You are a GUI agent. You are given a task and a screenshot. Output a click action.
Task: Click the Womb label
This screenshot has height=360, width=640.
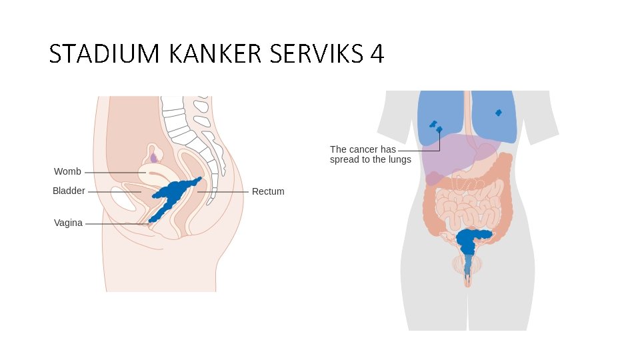click(67, 172)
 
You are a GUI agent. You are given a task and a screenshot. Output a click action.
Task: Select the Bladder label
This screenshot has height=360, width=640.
click(69, 191)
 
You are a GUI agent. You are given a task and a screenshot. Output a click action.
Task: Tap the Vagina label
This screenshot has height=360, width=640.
click(68, 223)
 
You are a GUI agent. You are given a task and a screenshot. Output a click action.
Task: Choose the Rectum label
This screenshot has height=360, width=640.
click(268, 192)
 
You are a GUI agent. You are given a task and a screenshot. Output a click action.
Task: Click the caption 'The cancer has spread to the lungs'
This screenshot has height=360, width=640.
click(371, 155)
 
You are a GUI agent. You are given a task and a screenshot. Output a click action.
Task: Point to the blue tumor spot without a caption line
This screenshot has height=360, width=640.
click(499, 113)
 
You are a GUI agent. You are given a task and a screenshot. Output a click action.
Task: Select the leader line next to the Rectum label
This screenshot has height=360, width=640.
click(223, 192)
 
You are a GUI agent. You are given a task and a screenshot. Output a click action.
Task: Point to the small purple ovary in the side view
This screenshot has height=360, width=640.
click(154, 158)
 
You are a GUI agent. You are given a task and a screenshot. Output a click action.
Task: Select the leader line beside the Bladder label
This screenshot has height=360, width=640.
click(113, 192)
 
